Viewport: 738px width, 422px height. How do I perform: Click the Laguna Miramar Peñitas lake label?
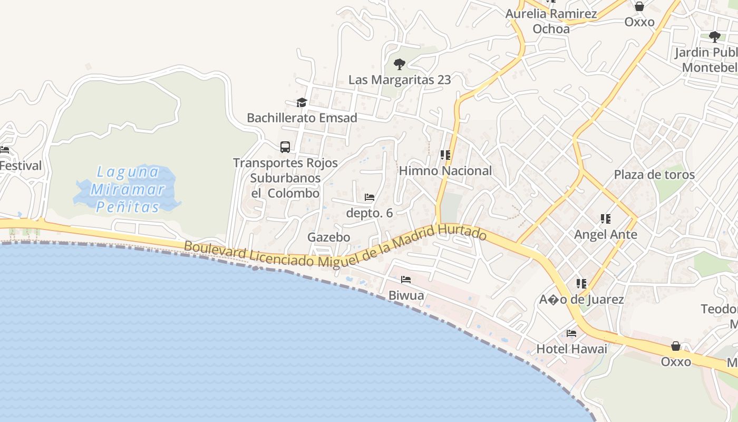128,189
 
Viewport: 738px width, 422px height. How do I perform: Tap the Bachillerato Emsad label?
302,118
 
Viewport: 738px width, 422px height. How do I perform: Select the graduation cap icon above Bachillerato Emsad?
302,102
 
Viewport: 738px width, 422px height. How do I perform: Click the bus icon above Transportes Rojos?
285,147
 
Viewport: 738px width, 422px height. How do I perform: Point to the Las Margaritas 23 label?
400,80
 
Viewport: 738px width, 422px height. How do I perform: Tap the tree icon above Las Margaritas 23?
400,64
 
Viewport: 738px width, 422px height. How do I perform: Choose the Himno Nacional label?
445,170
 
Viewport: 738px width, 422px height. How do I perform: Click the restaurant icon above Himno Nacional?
445,155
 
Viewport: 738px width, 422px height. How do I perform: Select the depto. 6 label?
370,213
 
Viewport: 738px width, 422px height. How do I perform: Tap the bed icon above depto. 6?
370,197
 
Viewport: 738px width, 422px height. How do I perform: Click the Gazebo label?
329,237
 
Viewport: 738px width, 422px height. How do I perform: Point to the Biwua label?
406,295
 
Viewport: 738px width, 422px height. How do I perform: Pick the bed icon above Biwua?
406,280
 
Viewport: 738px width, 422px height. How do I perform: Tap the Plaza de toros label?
654,175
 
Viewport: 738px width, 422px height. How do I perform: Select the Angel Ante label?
606,234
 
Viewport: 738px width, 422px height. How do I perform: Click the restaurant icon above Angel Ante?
606,218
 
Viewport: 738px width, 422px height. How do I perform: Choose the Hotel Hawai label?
572,349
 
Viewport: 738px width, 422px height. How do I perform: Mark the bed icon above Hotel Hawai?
571,333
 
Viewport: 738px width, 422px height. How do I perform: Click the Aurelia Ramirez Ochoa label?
551,21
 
